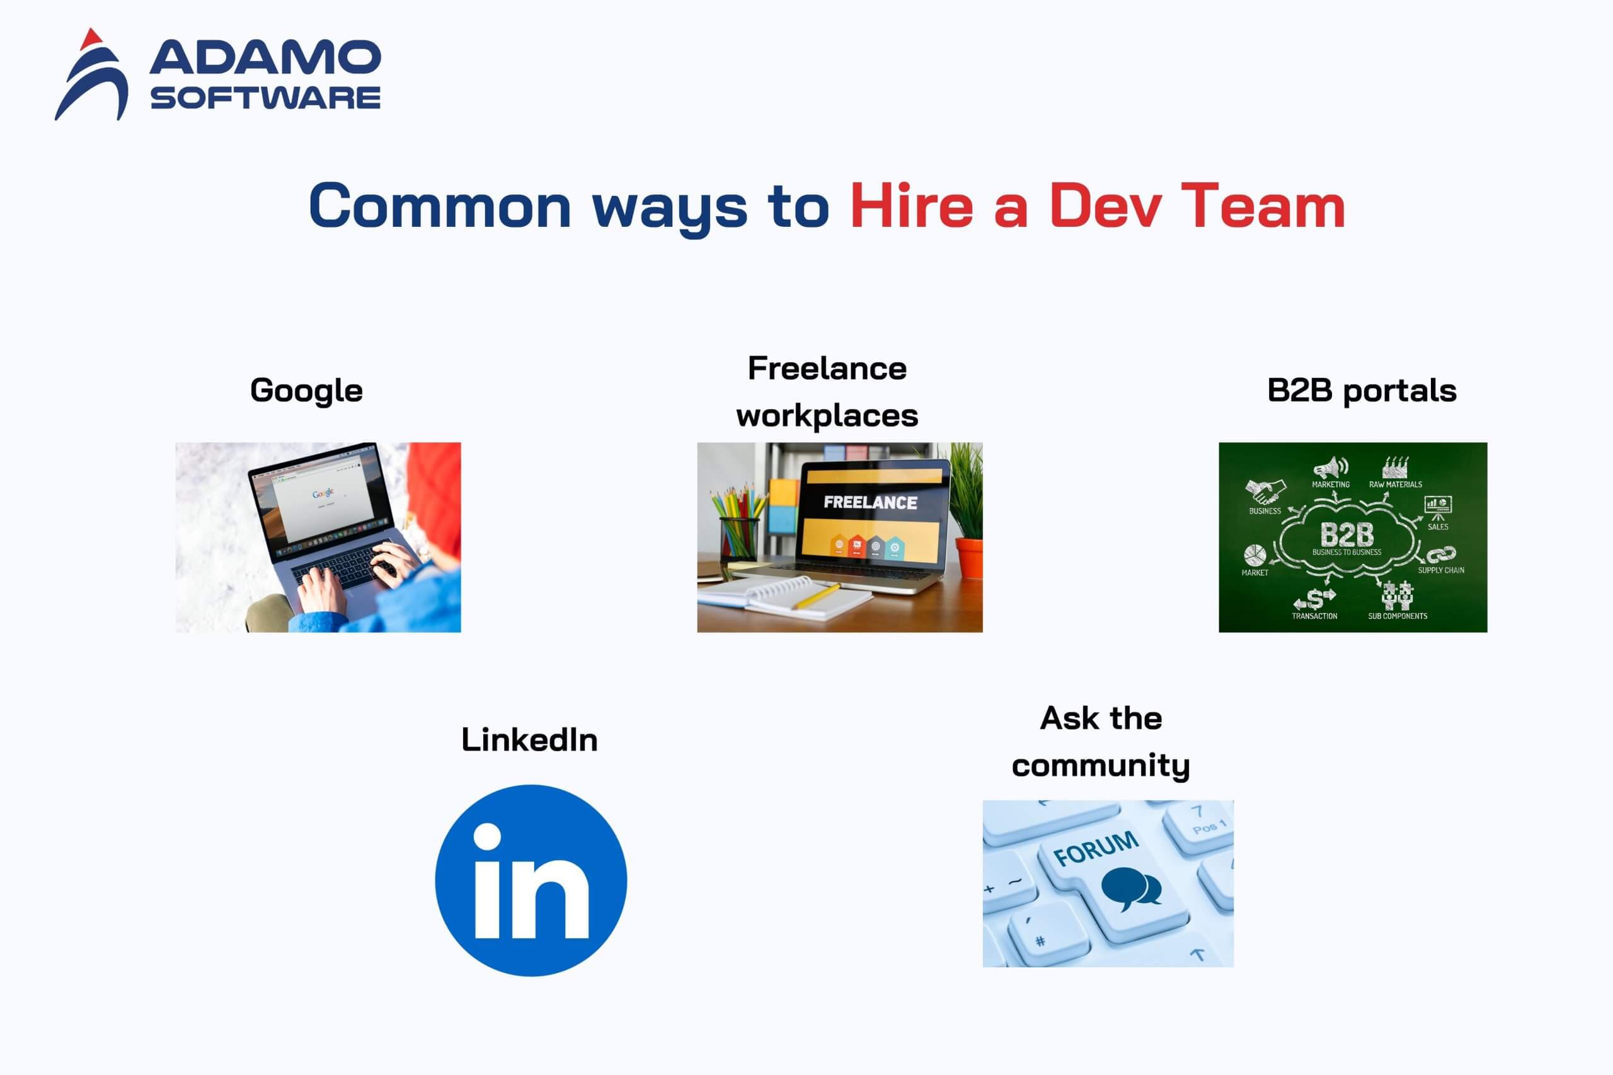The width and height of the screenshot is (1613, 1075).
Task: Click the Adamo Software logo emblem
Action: (x=92, y=76)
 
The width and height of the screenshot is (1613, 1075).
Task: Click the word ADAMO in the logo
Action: (x=265, y=57)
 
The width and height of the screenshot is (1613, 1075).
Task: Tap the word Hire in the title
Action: (x=911, y=205)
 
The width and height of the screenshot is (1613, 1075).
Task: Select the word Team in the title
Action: (x=1263, y=205)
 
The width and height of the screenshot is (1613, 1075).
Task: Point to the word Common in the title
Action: (x=439, y=205)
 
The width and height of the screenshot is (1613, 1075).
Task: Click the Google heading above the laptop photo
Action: (x=306, y=391)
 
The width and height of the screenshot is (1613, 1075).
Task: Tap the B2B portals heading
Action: (x=1362, y=391)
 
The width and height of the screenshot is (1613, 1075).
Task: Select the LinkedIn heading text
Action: (x=529, y=740)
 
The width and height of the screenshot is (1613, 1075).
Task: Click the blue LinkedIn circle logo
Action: (x=531, y=880)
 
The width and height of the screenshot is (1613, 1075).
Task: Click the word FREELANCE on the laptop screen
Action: (x=870, y=503)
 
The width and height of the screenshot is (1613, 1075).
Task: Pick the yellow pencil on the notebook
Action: (x=817, y=597)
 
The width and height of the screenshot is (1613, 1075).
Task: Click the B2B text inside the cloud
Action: (x=1347, y=534)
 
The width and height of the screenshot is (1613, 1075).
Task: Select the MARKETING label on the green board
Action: (x=1331, y=485)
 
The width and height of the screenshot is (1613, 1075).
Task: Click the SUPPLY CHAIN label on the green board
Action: (x=1441, y=570)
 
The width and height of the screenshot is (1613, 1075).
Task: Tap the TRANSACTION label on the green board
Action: (x=1315, y=616)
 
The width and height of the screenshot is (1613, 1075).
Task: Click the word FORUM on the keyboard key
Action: (x=1096, y=849)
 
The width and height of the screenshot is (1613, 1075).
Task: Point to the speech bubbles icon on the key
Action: (x=1131, y=888)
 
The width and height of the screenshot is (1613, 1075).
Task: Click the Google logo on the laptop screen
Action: (x=323, y=493)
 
